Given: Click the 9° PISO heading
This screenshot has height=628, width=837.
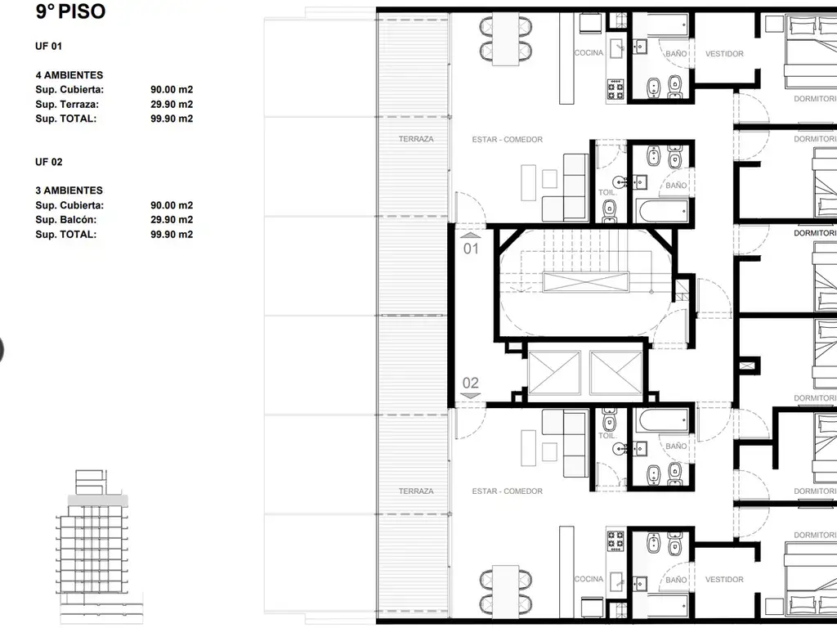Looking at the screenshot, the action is pyautogui.click(x=70, y=11).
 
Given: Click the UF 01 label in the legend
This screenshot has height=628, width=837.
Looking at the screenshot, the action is pyautogui.click(x=48, y=47).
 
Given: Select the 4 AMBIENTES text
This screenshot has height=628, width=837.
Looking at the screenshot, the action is pyautogui.click(x=69, y=75).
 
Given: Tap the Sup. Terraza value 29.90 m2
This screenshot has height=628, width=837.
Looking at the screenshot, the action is pyautogui.click(x=172, y=104).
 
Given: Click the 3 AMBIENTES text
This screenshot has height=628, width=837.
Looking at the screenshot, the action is pyautogui.click(x=69, y=191).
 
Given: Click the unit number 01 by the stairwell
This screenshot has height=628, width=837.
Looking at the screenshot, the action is pyautogui.click(x=471, y=249).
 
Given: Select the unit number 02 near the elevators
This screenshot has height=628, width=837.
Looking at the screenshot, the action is pyautogui.click(x=471, y=383).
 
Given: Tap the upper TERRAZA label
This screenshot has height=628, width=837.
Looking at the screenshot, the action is pyautogui.click(x=416, y=139).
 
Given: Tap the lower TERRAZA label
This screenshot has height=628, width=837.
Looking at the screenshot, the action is pyautogui.click(x=416, y=491).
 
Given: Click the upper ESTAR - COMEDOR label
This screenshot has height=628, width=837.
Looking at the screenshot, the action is pyautogui.click(x=507, y=139).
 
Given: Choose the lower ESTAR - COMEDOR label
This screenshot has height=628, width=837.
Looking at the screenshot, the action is pyautogui.click(x=507, y=491).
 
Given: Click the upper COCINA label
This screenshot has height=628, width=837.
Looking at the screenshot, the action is pyautogui.click(x=589, y=53).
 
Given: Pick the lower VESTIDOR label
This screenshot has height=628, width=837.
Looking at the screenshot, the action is pyautogui.click(x=724, y=580).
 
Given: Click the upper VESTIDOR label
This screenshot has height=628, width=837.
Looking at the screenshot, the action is pyautogui.click(x=724, y=54).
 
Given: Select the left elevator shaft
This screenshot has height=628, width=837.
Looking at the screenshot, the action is pyautogui.click(x=554, y=373).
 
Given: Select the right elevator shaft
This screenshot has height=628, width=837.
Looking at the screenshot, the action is pyautogui.click(x=616, y=373).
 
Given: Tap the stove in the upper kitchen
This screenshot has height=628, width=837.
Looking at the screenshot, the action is pyautogui.click(x=615, y=89).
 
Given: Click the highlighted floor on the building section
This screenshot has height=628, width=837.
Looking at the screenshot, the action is pyautogui.click(x=98, y=501).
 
